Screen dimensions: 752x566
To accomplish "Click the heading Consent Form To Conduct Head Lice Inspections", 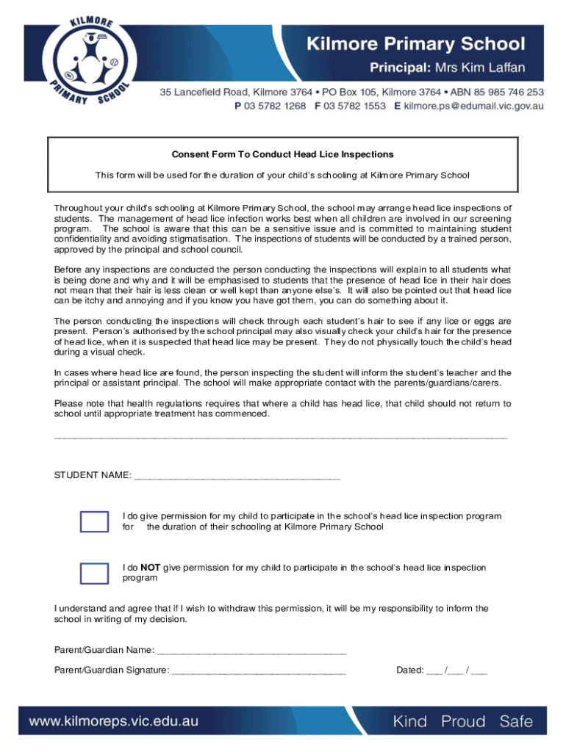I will pos(282,154).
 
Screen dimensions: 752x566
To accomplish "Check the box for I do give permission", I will pos(94,521).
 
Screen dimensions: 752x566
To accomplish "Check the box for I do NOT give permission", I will pos(94,573).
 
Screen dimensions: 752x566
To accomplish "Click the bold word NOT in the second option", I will pos(150,568).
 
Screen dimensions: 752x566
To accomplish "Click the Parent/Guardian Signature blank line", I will pos(259,670).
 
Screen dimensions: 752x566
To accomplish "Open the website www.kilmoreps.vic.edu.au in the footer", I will pos(114,721).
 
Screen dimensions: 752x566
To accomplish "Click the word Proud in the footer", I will pos(464,721).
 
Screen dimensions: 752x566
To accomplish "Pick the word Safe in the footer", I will pos(515,721).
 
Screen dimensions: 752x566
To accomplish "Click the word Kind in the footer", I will pos(410,721).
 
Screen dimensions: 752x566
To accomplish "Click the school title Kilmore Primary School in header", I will pos(426,44).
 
